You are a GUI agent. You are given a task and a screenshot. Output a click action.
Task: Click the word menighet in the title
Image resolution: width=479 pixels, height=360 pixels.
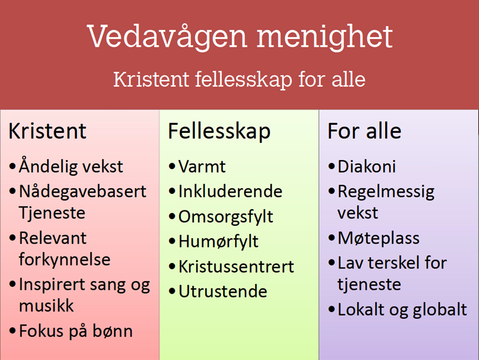point(324,37)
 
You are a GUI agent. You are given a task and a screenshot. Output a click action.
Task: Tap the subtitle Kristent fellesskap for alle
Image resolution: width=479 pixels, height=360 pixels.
point(240,80)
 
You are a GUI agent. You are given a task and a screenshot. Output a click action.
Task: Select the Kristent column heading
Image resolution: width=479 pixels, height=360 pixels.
point(48,131)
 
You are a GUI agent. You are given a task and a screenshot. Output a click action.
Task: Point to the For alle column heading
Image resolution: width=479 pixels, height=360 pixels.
point(364,131)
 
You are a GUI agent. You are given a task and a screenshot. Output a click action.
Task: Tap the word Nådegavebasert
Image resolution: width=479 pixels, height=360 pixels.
point(83,192)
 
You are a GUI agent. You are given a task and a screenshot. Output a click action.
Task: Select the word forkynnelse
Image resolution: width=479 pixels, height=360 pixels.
point(65,259)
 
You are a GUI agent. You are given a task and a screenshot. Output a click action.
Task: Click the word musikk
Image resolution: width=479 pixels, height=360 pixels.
point(47,305)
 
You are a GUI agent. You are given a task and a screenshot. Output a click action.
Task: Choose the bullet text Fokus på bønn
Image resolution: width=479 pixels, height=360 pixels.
point(76,332)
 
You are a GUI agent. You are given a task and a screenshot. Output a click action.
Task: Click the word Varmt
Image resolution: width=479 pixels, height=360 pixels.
point(202,166)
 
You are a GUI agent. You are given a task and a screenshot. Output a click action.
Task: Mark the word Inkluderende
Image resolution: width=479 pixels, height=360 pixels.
point(230,192)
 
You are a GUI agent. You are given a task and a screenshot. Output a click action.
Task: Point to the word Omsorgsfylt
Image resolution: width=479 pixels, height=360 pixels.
point(226,217)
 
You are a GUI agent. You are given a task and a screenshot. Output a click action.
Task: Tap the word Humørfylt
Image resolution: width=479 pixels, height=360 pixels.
point(219,242)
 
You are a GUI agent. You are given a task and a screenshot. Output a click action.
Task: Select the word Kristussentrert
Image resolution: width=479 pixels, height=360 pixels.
point(236,267)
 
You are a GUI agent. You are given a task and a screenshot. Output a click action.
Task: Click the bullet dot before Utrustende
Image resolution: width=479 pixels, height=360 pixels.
point(172,291)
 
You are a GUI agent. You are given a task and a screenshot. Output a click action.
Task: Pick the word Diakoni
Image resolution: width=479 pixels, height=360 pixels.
point(367,166)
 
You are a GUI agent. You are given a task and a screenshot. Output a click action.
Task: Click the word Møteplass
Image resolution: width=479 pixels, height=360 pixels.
point(379,238)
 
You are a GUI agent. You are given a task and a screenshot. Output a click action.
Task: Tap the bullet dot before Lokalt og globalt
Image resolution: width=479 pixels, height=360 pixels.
point(332,309)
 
